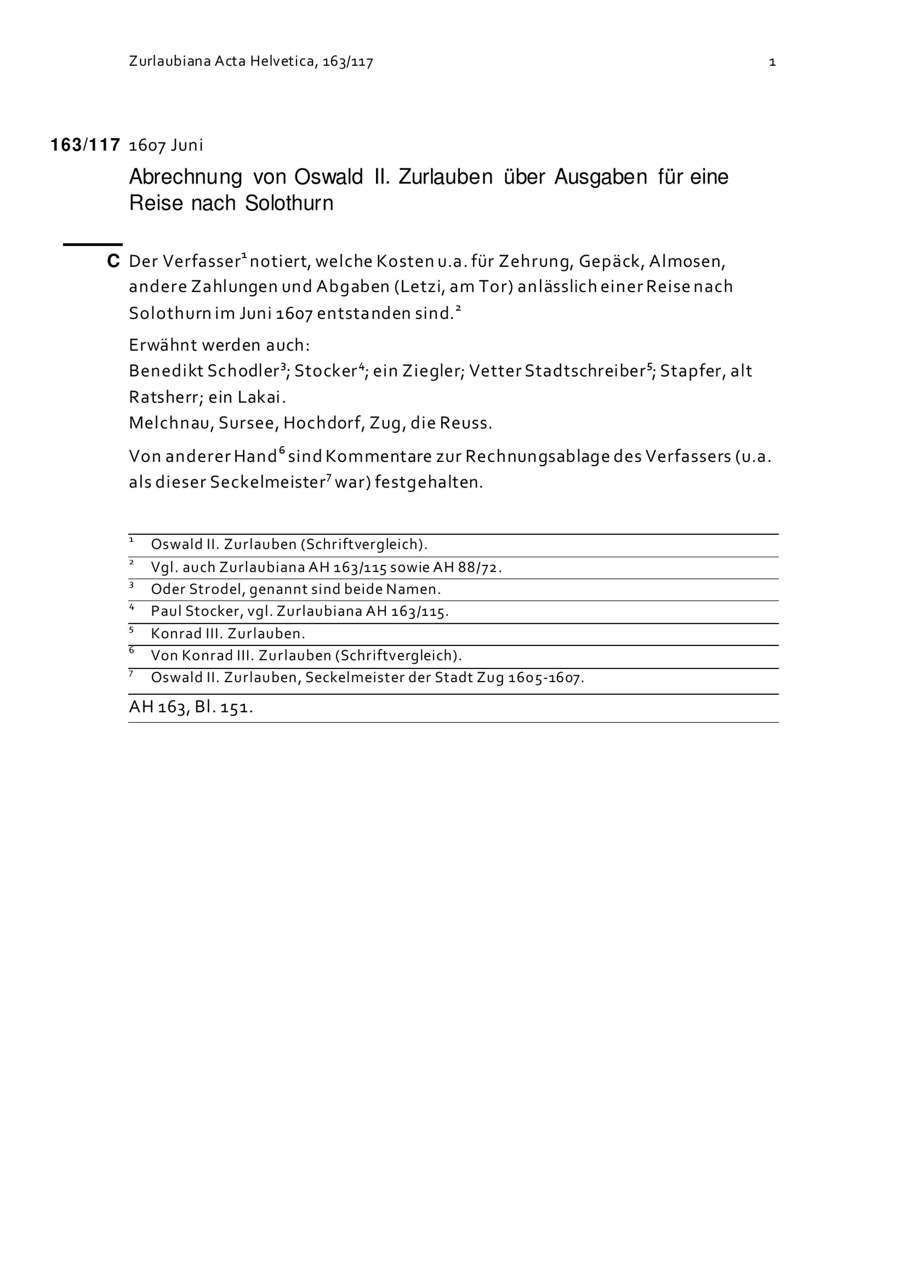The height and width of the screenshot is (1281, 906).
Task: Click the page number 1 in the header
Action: tap(772, 62)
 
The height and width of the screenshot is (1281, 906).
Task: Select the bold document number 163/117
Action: tap(85, 145)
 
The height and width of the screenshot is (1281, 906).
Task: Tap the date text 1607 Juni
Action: tap(166, 145)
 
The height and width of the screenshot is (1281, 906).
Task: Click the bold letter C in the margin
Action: tap(113, 261)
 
